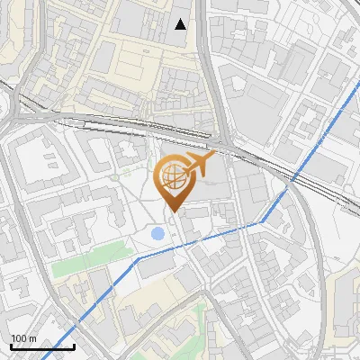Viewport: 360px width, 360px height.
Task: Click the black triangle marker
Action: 181,23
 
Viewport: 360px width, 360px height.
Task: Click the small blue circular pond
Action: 158,234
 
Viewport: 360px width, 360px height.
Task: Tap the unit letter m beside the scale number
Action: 32,338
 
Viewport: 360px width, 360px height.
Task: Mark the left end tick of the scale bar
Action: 10,346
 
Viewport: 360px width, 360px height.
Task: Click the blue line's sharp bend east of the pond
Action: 262,220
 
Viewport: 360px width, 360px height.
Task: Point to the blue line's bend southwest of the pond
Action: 137,258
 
